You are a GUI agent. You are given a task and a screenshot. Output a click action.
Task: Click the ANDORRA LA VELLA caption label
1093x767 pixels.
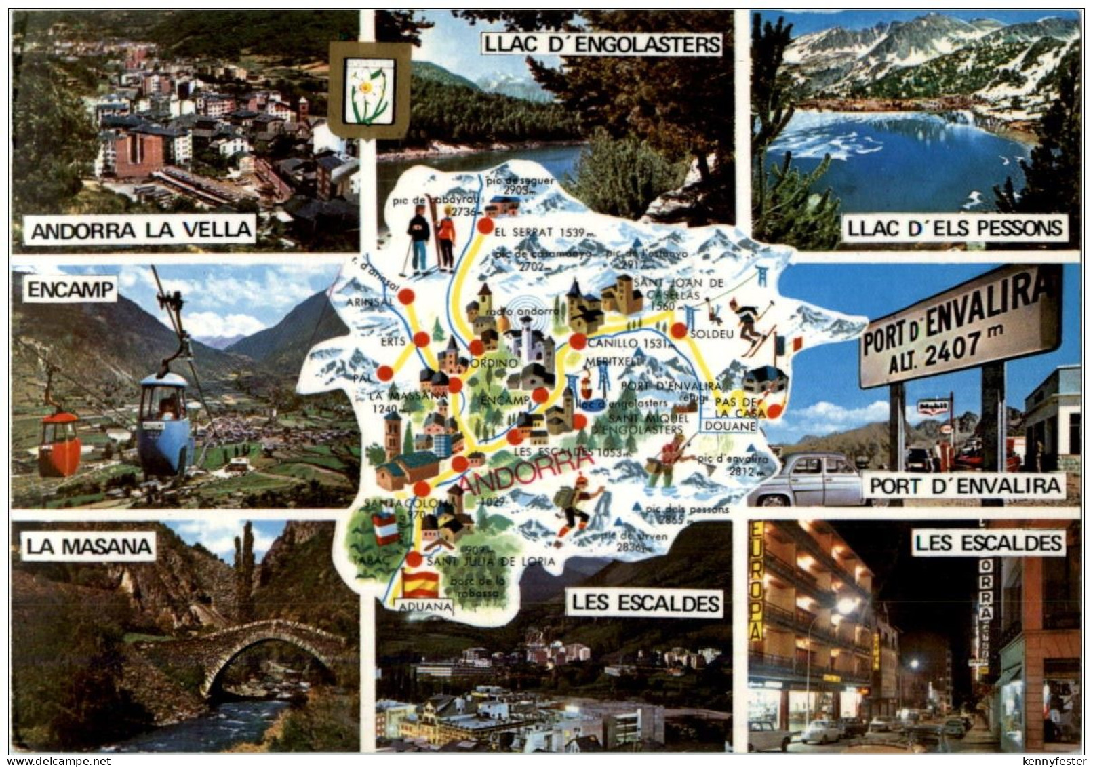[x=140, y=230]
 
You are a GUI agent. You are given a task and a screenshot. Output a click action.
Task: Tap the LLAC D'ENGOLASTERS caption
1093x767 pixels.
[x=601, y=45]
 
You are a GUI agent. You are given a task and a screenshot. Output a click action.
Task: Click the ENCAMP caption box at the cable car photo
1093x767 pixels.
[x=70, y=290]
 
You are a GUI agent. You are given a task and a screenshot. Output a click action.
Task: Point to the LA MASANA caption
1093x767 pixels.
[x=88, y=546]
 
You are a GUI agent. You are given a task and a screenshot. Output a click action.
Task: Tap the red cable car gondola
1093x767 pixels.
[x=59, y=444]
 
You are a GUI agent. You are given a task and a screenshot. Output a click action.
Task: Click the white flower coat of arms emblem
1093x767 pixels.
[x=370, y=90]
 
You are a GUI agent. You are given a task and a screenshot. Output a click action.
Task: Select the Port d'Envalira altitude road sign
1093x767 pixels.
[x=959, y=332]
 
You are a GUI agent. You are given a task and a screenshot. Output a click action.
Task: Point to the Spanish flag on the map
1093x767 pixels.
[x=420, y=581]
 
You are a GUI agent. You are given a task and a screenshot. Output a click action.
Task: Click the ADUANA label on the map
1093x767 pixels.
[x=424, y=607]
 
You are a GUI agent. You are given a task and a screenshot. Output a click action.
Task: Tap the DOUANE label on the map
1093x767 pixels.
[x=730, y=426]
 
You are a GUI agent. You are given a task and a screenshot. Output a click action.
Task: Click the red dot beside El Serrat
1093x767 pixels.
[x=485, y=227]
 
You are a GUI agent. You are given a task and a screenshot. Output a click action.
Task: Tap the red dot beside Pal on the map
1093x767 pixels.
[x=384, y=372]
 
